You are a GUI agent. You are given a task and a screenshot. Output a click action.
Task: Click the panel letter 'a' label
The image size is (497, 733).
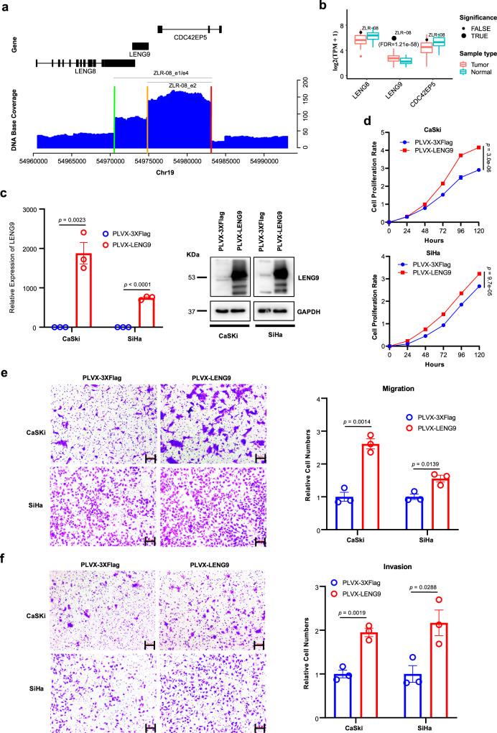5,6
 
